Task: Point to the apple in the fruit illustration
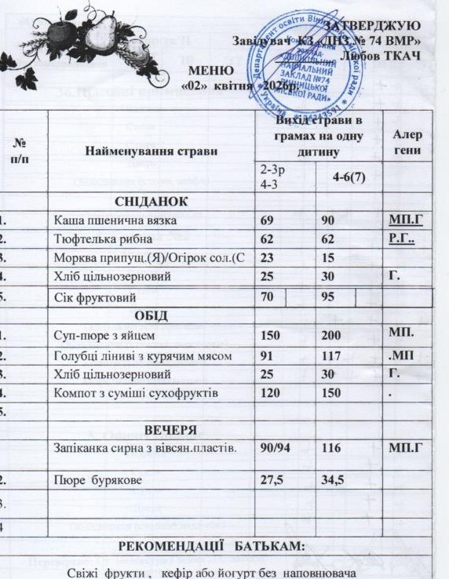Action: [59, 34]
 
